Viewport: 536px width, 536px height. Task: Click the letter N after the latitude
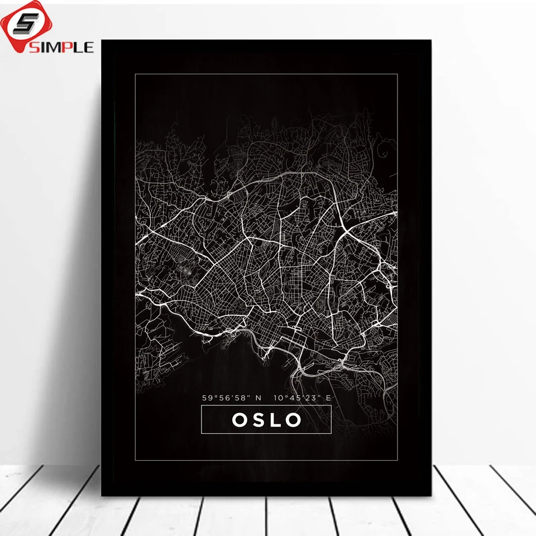click(258, 398)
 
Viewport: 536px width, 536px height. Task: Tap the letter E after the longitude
click(328, 398)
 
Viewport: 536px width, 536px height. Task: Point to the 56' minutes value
click(226, 398)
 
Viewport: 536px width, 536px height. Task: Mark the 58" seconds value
click(242, 398)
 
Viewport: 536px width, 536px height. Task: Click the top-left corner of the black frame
click(102, 40)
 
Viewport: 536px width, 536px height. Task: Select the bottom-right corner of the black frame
click(431, 495)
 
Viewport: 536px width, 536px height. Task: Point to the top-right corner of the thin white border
click(398, 74)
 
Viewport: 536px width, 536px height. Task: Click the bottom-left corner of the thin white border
click(135, 461)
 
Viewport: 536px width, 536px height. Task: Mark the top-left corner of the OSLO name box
click(202, 406)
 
